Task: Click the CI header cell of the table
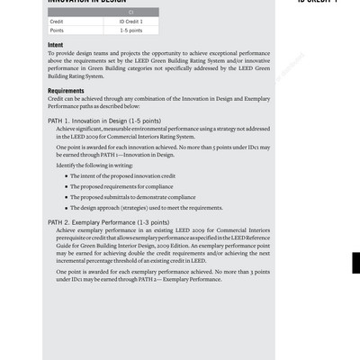coord(103,12)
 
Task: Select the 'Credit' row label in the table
coord(57,21)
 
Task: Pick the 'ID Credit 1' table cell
coord(131,21)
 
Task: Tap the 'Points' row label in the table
coord(57,30)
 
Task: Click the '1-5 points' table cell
coord(131,30)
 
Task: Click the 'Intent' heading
coord(56,45)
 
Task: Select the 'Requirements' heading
coord(66,91)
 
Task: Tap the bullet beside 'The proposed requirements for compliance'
coord(67,186)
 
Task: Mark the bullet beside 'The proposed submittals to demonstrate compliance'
coord(67,196)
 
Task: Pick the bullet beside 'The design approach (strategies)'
coord(67,207)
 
